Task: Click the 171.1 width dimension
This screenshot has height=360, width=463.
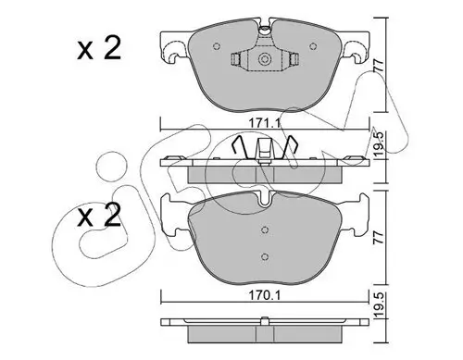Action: pyautogui.click(x=266, y=121)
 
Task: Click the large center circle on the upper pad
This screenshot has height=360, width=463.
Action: pyautogui.click(x=265, y=61)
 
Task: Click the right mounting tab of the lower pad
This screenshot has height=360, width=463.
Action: pyautogui.click(x=356, y=217)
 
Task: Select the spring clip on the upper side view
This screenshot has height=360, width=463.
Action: pyautogui.click(x=265, y=146)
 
